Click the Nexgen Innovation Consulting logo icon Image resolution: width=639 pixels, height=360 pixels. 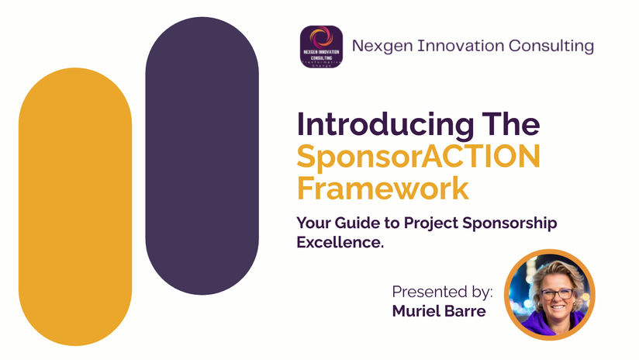[321, 47]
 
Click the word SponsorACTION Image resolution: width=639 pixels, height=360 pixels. [418, 156]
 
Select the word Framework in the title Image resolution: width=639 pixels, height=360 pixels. [383, 188]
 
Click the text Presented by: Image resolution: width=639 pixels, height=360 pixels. [442, 292]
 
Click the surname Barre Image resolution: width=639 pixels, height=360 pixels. [470, 311]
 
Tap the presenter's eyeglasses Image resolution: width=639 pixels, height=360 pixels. [555, 294]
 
